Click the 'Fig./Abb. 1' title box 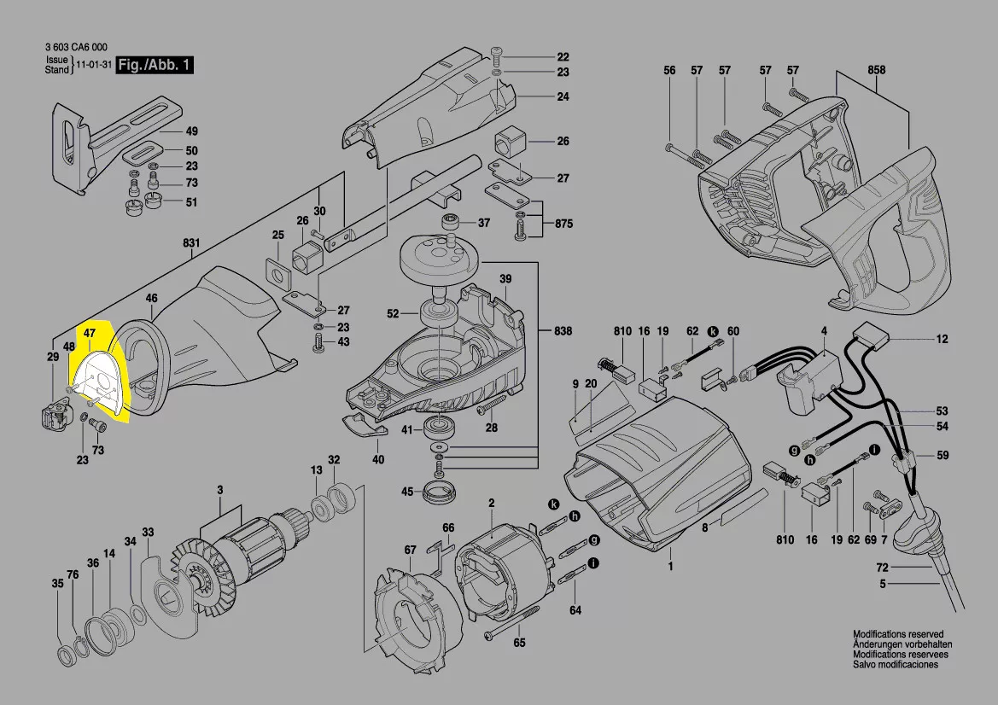[155, 65]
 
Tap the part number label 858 [876, 70]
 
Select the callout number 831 [190, 243]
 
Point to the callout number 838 [563, 330]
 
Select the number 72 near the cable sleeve [882, 567]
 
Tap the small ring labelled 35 [65, 655]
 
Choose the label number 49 [191, 131]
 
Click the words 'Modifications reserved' [898, 634]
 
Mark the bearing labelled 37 [452, 224]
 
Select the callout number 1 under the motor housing [670, 566]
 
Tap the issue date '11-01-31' [93, 66]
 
